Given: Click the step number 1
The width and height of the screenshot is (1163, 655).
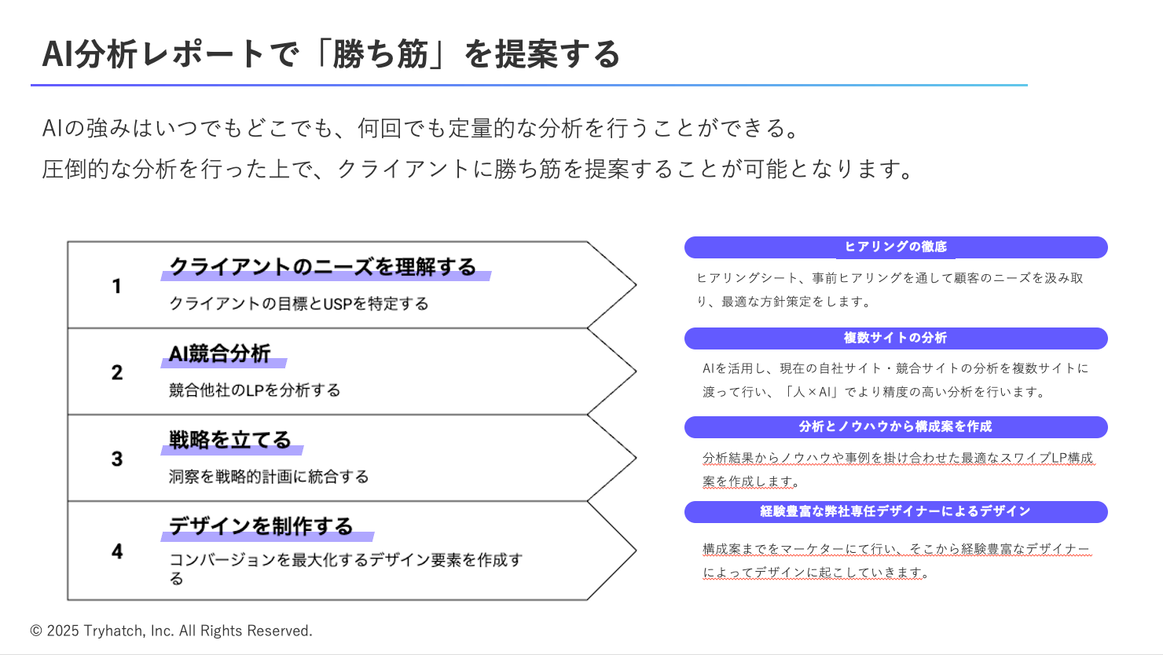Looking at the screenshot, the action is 116,286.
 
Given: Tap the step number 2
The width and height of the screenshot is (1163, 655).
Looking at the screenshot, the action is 116,372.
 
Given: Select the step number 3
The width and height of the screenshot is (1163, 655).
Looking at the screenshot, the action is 116,459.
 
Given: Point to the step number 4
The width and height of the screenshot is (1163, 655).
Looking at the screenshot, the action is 116,551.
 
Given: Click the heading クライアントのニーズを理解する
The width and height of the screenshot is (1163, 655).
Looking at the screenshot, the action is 323,267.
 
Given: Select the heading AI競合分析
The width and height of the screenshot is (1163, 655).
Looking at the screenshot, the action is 220,353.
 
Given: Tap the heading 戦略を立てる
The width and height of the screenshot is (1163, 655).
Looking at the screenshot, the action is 230,440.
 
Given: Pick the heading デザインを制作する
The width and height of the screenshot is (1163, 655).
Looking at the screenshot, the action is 262,526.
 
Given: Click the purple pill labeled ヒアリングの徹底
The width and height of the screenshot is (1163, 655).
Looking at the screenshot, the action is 896,247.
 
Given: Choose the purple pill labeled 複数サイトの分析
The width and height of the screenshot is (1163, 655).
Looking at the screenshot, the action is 896,338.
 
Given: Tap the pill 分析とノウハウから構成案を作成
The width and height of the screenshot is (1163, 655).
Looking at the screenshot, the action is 896,426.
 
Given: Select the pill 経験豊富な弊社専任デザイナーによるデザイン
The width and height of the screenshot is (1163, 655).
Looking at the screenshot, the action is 896,511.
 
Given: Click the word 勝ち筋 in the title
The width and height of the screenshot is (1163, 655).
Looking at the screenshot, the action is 380,55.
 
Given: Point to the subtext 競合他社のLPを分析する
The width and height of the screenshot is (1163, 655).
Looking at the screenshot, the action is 255,390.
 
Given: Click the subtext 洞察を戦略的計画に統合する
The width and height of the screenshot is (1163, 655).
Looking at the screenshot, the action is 269,477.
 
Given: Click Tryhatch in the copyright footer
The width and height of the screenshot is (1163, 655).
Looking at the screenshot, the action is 114,631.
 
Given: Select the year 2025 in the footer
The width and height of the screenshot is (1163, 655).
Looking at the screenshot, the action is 63,631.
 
